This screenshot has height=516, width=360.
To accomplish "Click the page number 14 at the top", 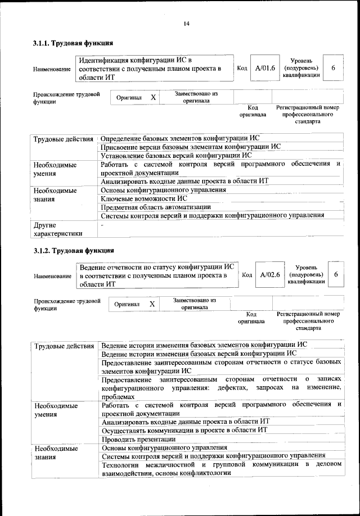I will [x=186, y=23].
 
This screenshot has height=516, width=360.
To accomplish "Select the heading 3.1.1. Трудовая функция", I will [x=74, y=43].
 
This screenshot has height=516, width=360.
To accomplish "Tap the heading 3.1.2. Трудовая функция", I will [x=74, y=250].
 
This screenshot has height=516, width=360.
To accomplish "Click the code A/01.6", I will [x=264, y=68].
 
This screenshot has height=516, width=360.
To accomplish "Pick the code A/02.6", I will [x=270, y=275].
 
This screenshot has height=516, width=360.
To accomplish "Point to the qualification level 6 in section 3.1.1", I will [x=333, y=68].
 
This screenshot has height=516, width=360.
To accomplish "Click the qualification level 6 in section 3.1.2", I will [x=336, y=275].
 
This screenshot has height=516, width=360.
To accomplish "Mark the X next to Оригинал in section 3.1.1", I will [x=152, y=97].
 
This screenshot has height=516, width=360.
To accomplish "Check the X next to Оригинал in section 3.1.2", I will [x=152, y=304].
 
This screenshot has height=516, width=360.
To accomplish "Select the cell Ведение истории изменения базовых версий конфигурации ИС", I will [x=198, y=354].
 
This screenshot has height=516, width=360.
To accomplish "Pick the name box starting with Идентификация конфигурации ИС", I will [x=155, y=68].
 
